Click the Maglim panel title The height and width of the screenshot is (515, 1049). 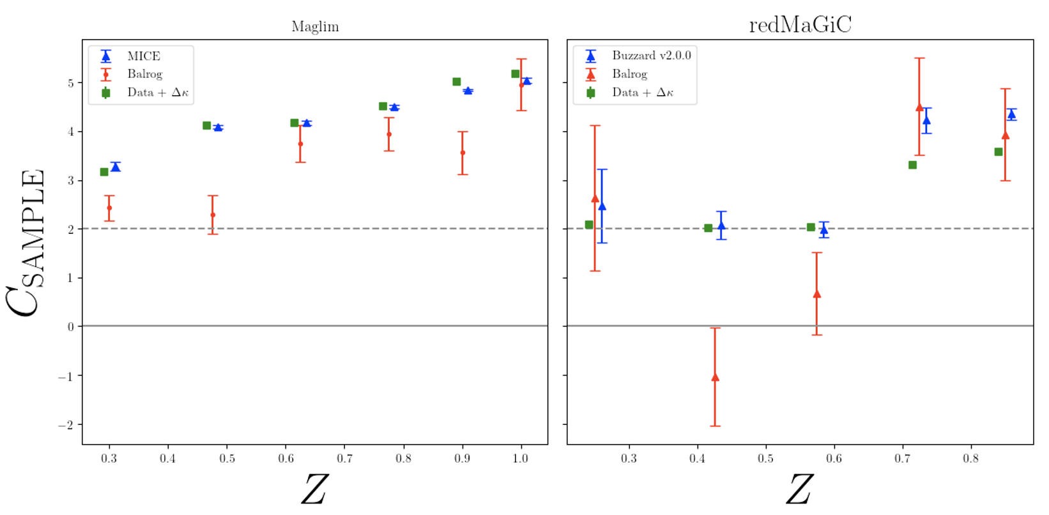point(315,27)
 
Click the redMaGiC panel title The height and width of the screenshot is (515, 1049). point(800,25)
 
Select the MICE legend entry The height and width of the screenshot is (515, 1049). point(143,56)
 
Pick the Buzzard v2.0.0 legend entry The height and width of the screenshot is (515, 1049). point(651,56)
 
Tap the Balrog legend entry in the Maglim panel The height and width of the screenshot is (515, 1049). point(144,74)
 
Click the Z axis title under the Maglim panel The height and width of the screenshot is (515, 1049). point(314,490)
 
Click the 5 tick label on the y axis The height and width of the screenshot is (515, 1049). point(71,83)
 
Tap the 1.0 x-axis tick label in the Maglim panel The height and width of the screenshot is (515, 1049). point(521,458)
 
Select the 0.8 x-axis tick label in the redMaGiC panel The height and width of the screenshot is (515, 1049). point(970,458)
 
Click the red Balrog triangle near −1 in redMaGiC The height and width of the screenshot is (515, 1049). point(715,378)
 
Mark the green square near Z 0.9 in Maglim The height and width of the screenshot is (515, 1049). point(457,82)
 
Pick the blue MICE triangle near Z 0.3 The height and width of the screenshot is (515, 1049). point(116,167)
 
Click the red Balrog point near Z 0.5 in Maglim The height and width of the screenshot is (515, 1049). point(213,215)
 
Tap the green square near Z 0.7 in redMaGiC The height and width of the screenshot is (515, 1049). point(912,165)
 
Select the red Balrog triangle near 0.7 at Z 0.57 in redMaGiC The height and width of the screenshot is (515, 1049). point(816,295)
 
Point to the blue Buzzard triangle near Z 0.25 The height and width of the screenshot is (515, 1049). point(602,206)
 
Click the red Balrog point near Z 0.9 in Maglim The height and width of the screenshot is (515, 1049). point(463,153)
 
